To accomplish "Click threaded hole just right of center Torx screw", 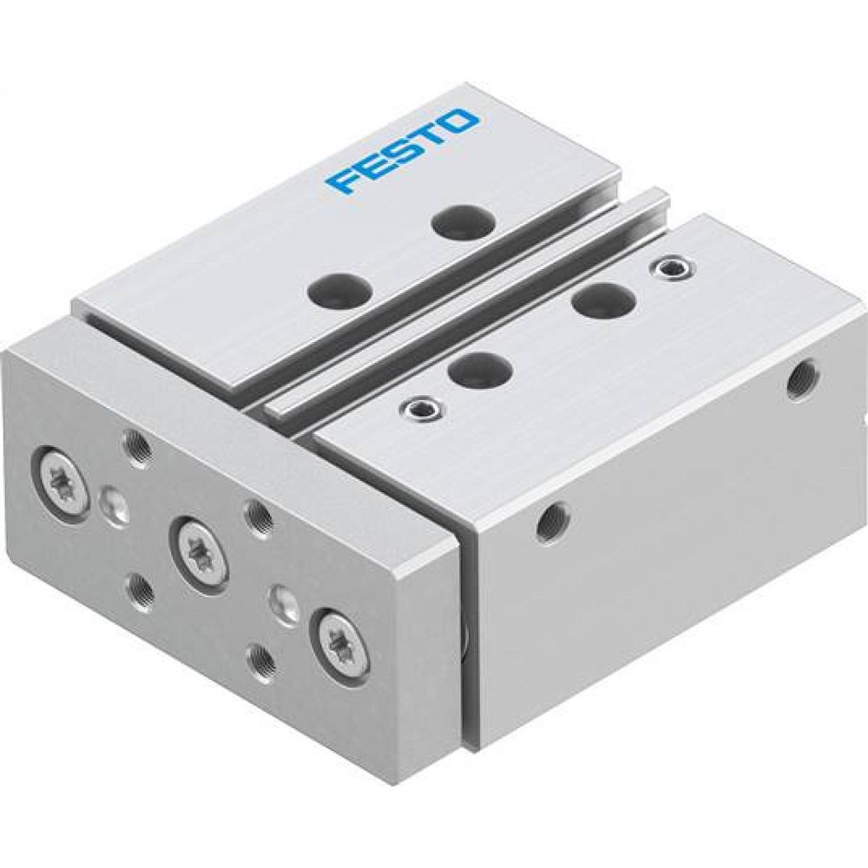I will [258, 518].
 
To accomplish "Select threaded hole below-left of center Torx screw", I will [139, 591].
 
